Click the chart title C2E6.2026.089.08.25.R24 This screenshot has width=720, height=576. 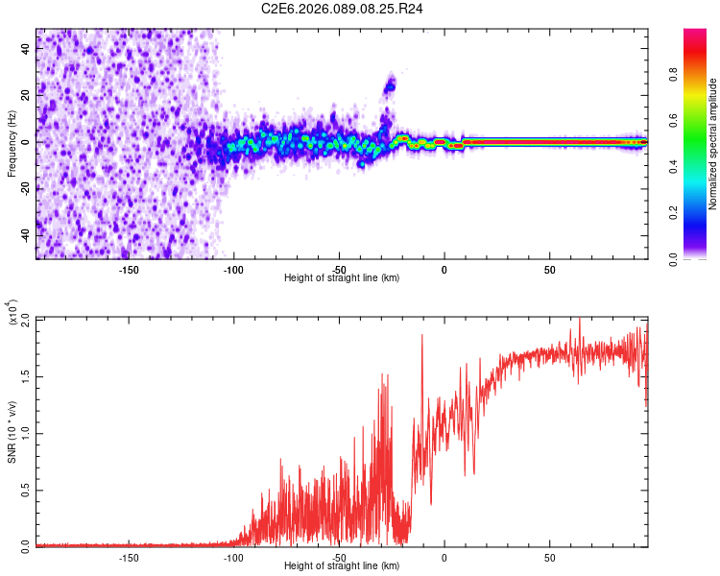coord(343,10)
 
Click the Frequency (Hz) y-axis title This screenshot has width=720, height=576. coord(12,144)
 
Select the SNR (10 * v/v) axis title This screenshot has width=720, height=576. coord(12,433)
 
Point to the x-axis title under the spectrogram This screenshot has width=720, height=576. coord(342,277)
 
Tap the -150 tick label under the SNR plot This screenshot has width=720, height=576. coord(129,558)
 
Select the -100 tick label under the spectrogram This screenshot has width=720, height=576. coord(233,270)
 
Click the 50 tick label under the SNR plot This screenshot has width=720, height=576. coord(549,558)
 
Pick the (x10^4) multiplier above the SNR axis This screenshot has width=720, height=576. coord(13,312)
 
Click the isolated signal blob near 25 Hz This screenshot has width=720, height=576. coord(390,86)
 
